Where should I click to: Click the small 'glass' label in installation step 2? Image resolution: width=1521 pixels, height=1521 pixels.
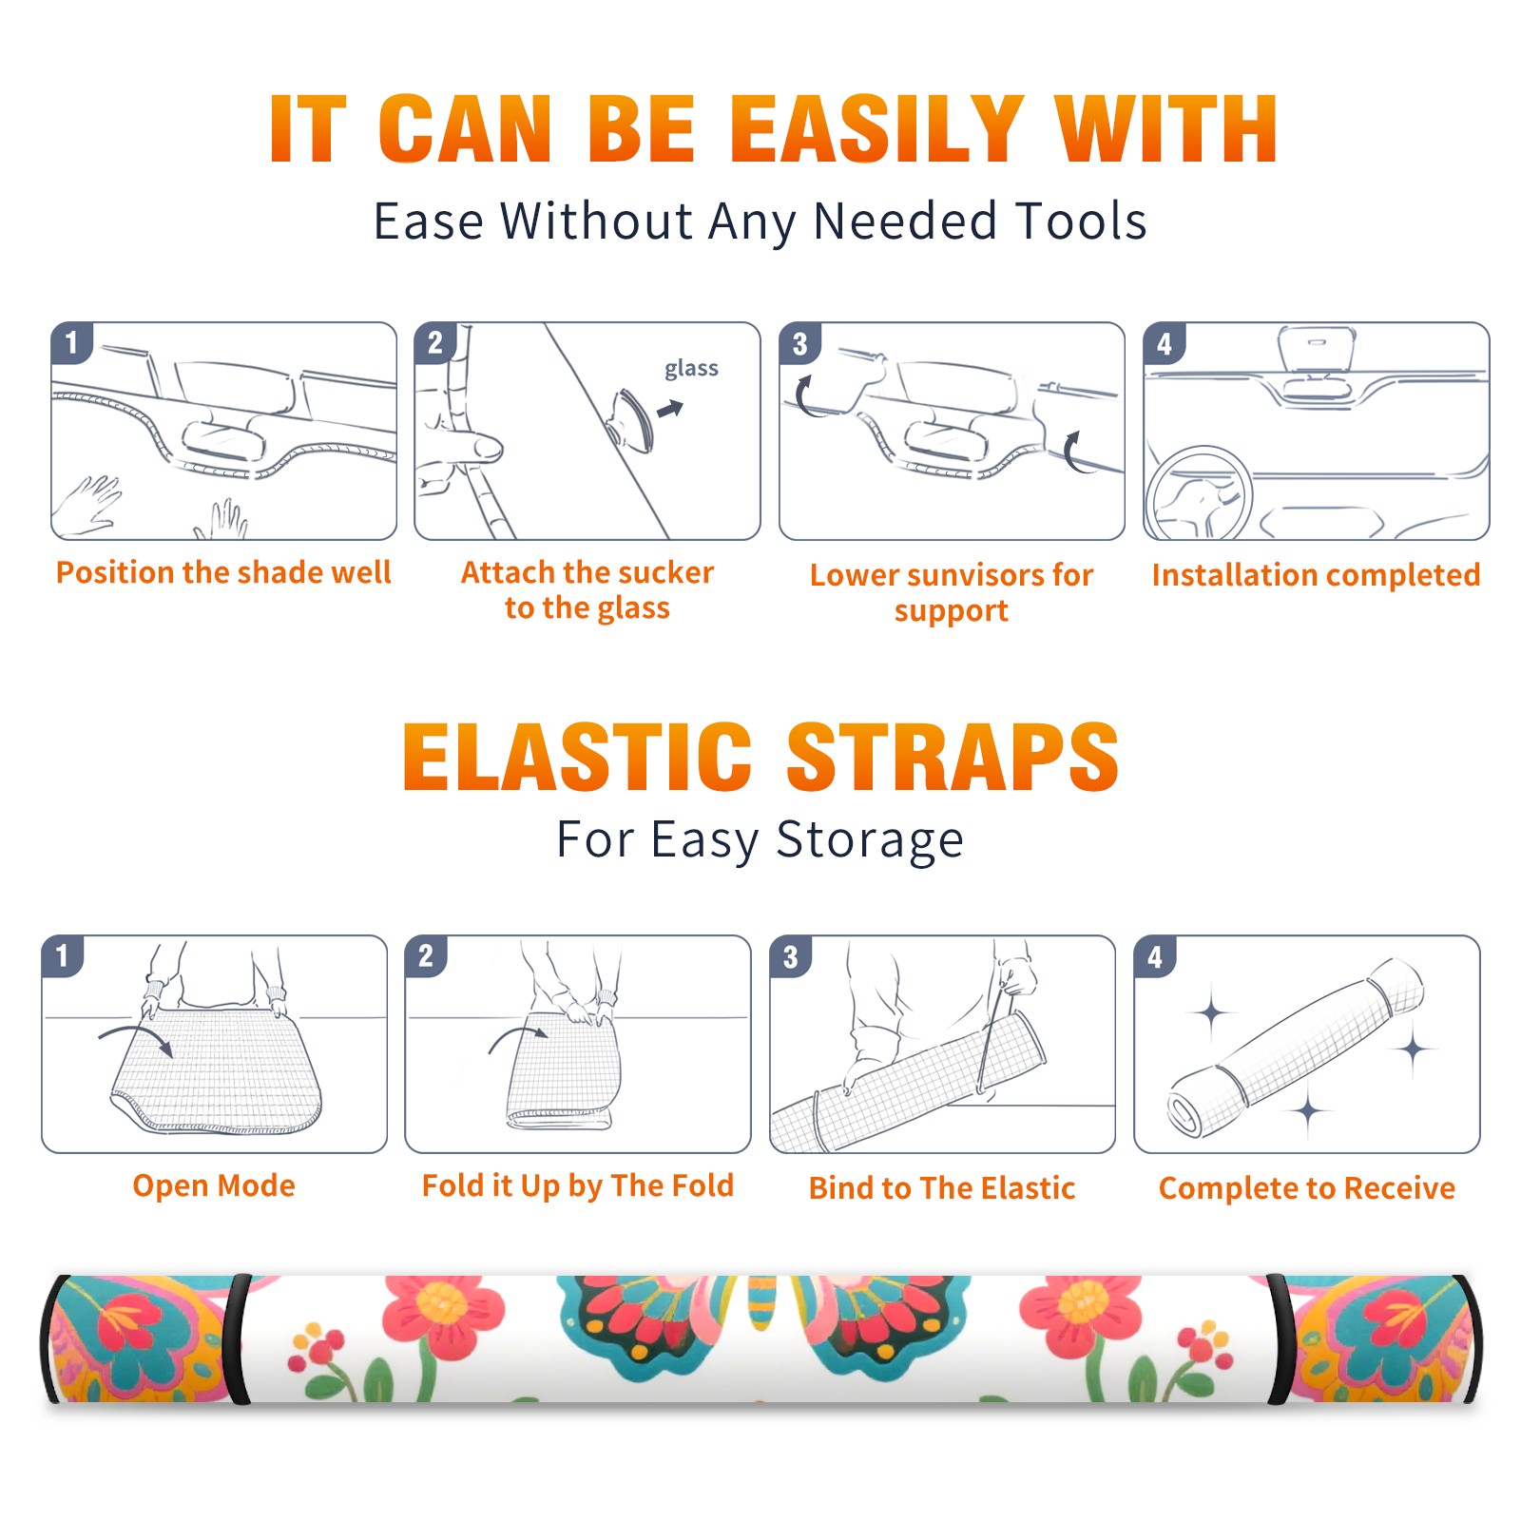tap(691, 369)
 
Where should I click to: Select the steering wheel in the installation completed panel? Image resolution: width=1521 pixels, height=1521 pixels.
tap(1200, 494)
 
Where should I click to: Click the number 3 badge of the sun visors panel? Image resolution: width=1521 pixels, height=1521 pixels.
tap(799, 343)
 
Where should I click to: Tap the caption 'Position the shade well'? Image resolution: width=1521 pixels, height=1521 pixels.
tap(223, 572)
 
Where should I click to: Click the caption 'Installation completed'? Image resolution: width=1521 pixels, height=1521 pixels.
tap(1316, 574)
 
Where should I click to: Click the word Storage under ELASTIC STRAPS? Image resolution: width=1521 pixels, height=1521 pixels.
tap(870, 840)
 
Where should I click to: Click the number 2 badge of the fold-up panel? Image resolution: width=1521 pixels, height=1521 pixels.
tap(425, 955)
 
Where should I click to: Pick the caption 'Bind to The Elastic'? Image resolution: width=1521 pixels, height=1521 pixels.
tap(941, 1187)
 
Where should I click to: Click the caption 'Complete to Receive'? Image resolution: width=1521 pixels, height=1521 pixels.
tap(1306, 1188)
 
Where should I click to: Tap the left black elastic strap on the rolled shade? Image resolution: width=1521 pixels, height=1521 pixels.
tap(239, 1338)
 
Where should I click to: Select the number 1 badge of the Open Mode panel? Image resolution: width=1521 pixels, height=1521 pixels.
tap(62, 955)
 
